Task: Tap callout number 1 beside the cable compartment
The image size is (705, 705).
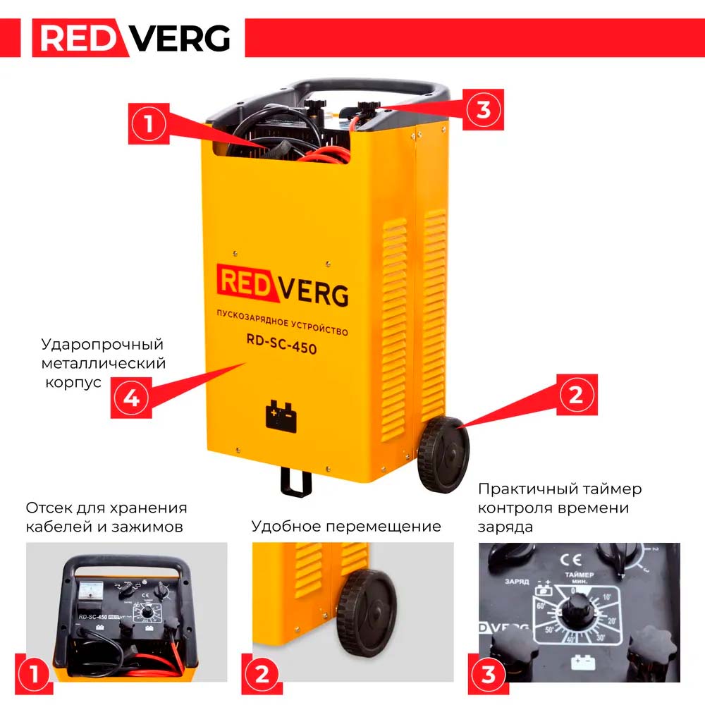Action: (x=148, y=124)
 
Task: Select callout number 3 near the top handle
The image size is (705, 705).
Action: (x=484, y=109)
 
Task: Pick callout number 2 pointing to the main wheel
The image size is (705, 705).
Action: (x=576, y=395)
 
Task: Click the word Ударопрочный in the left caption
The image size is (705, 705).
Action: (x=102, y=345)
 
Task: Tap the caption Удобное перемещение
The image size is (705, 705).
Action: (x=346, y=527)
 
